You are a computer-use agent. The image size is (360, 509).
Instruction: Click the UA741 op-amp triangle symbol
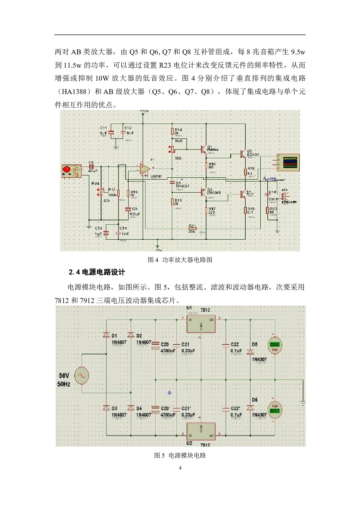(144, 169)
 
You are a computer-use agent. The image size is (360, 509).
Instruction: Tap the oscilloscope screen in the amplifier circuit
(290, 163)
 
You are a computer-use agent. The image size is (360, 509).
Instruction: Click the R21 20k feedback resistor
(192, 229)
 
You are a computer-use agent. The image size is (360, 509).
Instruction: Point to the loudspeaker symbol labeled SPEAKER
(285, 195)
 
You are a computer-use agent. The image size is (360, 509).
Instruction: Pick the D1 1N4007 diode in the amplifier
(172, 183)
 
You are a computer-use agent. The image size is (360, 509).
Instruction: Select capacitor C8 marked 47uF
(91, 167)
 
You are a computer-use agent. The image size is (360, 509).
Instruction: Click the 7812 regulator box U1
(201, 324)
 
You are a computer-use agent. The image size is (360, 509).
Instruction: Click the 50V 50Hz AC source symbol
(81, 376)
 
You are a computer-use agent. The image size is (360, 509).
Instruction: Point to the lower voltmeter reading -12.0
(274, 410)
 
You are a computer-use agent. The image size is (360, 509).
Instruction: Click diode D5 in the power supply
(250, 352)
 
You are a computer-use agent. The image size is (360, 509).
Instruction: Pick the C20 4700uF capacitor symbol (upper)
(156, 345)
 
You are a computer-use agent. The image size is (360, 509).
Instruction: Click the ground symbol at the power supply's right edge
(303, 402)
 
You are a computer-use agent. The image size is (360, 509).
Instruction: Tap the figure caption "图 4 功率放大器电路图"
(180, 260)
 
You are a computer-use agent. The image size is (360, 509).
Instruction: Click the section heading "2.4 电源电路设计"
(97, 272)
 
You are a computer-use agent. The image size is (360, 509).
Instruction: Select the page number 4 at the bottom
(180, 468)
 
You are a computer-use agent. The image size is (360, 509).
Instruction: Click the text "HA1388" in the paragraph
(74, 92)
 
